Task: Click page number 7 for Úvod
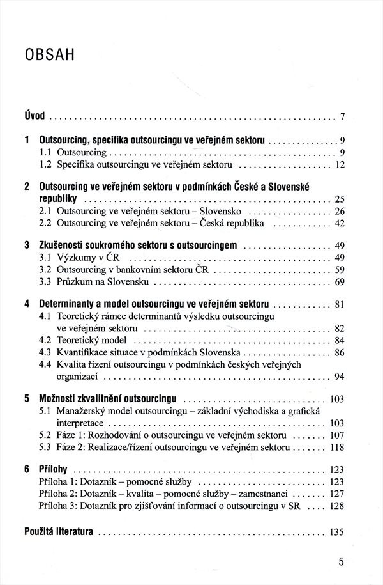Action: click(x=342, y=116)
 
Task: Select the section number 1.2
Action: click(x=46, y=165)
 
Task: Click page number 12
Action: click(x=339, y=165)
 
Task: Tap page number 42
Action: click(x=339, y=223)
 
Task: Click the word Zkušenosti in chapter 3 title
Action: click(x=63, y=246)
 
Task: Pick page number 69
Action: click(x=339, y=282)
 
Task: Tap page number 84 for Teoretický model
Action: click(x=339, y=340)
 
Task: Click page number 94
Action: click(x=339, y=377)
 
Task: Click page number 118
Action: click(x=337, y=448)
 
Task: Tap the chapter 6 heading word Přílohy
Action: click(x=54, y=469)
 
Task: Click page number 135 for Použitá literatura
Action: click(x=337, y=532)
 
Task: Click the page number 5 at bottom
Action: click(x=341, y=563)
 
